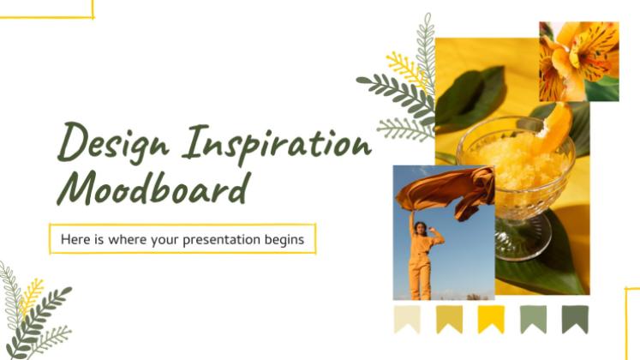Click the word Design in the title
pyautogui.click(x=112, y=143)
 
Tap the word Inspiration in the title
pyautogui.click(x=277, y=144)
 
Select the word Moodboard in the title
pyautogui.click(x=153, y=188)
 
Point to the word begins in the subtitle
pyautogui.click(x=284, y=240)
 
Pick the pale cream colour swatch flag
pyautogui.click(x=407, y=320)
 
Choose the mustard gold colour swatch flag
pyautogui.click(x=449, y=320)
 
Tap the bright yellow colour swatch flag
pyautogui.click(x=491, y=320)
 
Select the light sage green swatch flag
pyautogui.click(x=533, y=320)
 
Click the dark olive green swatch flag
pyautogui.click(x=575, y=320)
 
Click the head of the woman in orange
pyautogui.click(x=420, y=228)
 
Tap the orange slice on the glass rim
pyautogui.click(x=555, y=127)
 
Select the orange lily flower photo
pyautogui.click(x=579, y=62)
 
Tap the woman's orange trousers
pyautogui.click(x=420, y=278)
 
